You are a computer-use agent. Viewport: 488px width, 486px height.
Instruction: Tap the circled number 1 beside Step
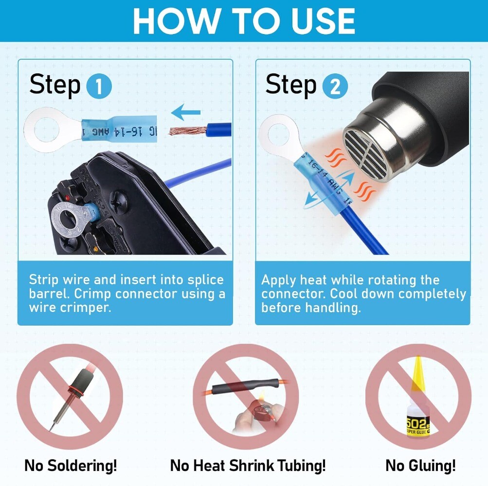[x=99, y=87]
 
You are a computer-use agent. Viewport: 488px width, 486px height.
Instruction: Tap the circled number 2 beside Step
[x=335, y=87]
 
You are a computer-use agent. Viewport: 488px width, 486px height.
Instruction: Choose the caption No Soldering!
[x=71, y=466]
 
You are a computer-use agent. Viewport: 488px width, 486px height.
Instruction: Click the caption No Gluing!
[x=420, y=466]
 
